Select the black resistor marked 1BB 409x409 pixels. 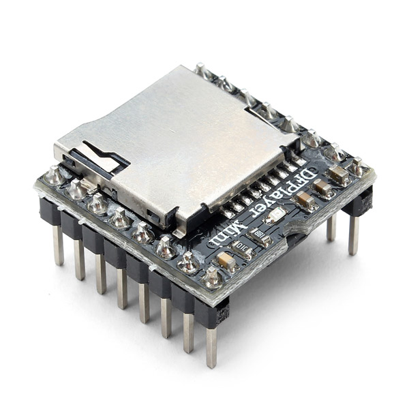[x=260, y=236]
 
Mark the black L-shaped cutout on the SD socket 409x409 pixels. [x=102, y=155]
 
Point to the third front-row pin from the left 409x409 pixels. [x=101, y=273]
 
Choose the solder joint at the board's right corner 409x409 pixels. [x=357, y=166]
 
